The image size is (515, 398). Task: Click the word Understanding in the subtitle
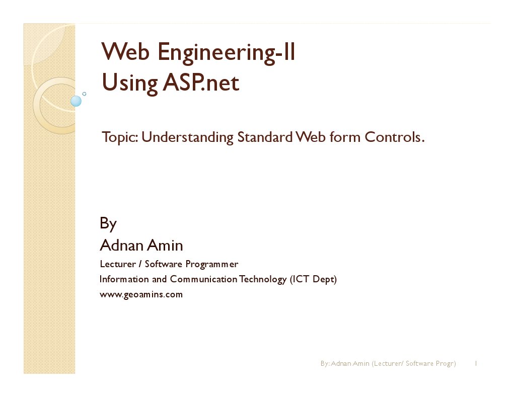pyautogui.click(x=187, y=138)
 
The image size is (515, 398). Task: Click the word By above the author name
pyautogui.click(x=108, y=223)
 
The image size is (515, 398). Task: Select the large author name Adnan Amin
pyautogui.click(x=141, y=246)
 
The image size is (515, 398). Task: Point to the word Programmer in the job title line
pyautogui.click(x=211, y=265)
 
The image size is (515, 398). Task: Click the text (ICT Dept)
pyautogui.click(x=313, y=279)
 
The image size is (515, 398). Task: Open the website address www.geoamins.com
pyautogui.click(x=141, y=294)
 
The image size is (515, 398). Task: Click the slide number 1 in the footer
pyautogui.click(x=476, y=363)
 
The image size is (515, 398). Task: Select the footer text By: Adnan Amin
pyautogui.click(x=345, y=363)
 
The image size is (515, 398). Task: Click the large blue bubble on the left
pyautogui.click(x=76, y=101)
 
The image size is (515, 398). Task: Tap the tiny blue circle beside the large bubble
pyautogui.click(x=84, y=94)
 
